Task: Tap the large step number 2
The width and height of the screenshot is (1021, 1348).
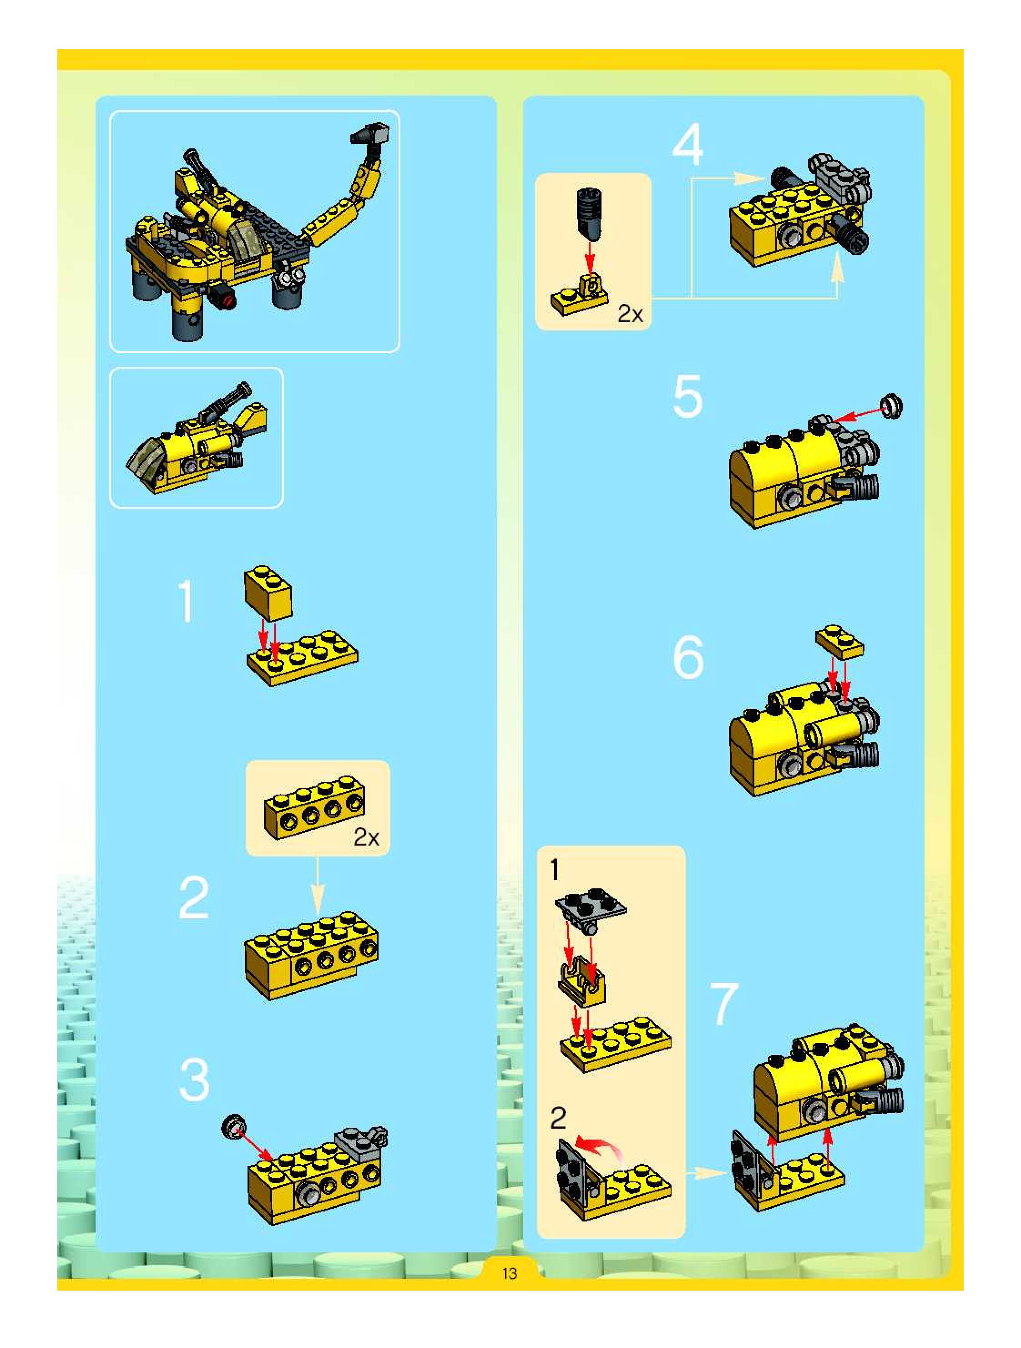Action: (x=194, y=897)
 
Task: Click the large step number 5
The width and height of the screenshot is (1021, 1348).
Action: (x=688, y=397)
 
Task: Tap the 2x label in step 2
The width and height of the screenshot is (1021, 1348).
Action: (x=366, y=837)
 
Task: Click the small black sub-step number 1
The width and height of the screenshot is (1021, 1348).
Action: (x=554, y=870)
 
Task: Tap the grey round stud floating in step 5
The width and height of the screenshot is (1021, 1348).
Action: (x=892, y=406)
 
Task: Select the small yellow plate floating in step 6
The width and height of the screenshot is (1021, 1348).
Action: (x=839, y=641)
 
